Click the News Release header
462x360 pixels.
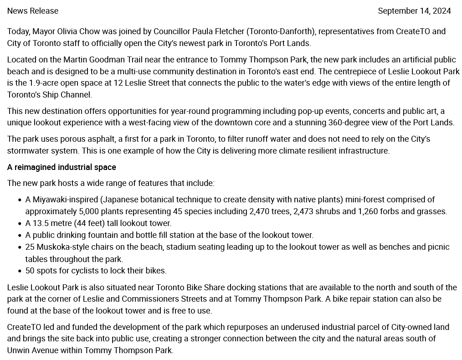tap(33, 11)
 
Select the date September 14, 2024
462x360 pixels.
tap(414, 11)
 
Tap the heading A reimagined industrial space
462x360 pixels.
tap(62, 167)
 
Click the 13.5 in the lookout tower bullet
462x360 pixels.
tap(40, 223)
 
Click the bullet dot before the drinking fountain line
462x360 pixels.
tap(20, 236)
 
